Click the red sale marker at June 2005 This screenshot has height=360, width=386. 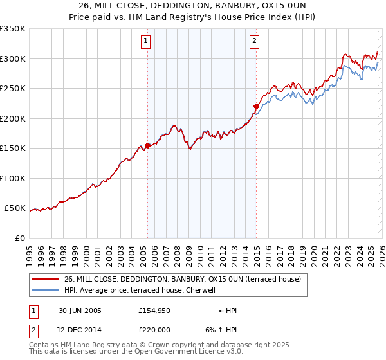148,145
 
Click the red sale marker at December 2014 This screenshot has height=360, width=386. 256,106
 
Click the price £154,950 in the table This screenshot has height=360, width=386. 153,310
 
